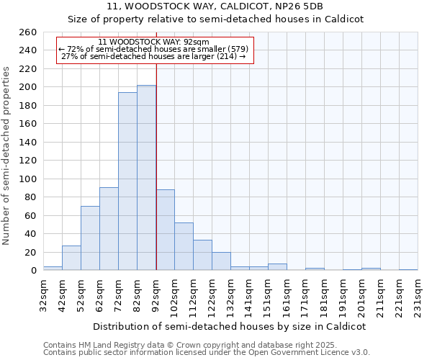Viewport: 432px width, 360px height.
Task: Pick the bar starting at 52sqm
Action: tap(90, 238)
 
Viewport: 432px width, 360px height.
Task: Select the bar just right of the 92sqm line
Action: tap(165, 230)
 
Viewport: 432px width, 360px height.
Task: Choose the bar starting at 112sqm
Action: tap(202, 255)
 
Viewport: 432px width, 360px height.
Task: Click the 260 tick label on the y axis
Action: tap(28, 32)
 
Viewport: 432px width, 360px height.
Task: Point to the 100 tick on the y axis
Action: tap(28, 179)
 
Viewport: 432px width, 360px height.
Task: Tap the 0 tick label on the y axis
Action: tap(34, 271)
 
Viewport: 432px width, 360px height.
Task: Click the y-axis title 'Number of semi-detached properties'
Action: tap(7, 155)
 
